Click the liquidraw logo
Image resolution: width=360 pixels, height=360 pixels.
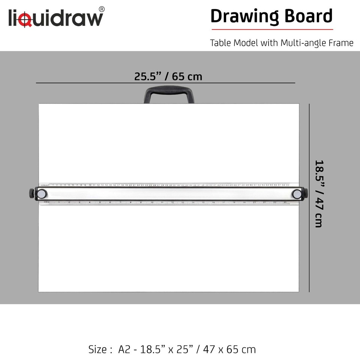[x=55, y=18]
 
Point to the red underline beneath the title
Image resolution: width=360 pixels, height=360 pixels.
[x=272, y=29]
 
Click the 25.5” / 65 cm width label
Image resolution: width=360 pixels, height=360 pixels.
[x=168, y=76]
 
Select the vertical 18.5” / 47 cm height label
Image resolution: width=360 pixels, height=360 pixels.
[x=319, y=193]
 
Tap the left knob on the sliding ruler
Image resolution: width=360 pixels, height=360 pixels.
[x=42, y=194]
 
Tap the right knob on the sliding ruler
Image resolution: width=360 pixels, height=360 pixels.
[x=297, y=194]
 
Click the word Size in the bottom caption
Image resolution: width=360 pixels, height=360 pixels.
[x=99, y=349]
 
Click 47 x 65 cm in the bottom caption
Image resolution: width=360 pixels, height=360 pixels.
[x=229, y=349]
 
